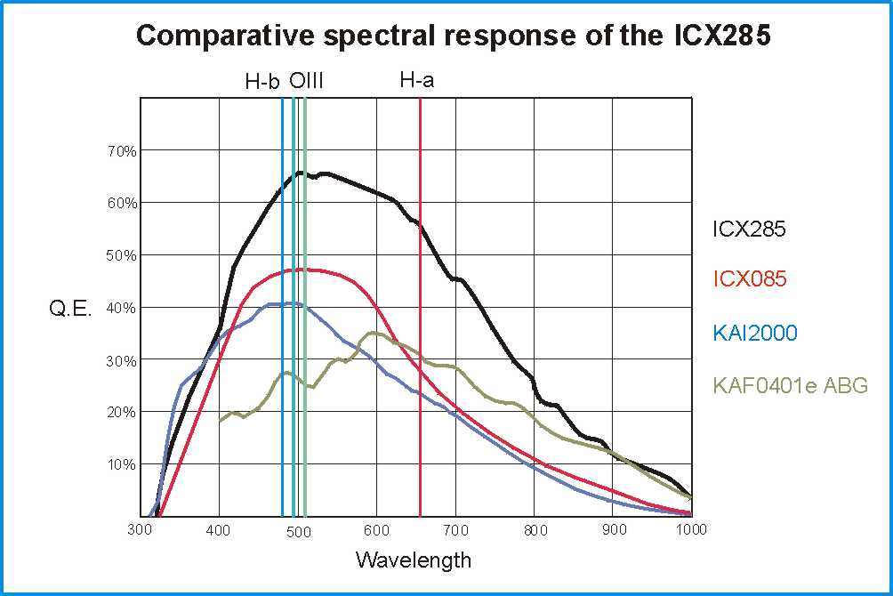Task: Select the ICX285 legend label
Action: [x=749, y=229]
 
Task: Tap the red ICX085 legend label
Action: [x=750, y=279]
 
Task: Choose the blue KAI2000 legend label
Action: [x=754, y=333]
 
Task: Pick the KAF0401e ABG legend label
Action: [x=790, y=386]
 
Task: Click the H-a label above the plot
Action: [x=416, y=81]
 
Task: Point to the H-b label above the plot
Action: [x=262, y=83]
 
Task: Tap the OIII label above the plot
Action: [x=306, y=82]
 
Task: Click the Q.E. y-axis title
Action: [x=70, y=310]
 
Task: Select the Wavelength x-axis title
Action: [x=414, y=560]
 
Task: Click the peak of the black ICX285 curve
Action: [x=301, y=173]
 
